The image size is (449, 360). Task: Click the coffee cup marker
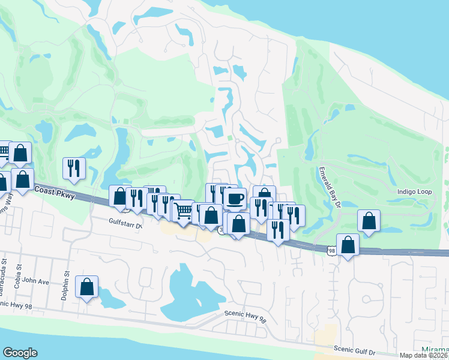pos(235,198)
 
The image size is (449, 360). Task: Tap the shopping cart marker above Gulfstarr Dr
pos(183,211)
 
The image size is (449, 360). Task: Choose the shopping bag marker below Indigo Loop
pos(369,220)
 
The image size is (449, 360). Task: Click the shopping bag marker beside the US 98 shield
pos(348,244)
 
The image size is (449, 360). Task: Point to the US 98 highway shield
pos(331,249)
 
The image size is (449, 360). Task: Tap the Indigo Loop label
pos(415,193)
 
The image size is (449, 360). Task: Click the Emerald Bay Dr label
pos(329,187)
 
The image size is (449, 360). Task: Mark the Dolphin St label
pos(67,280)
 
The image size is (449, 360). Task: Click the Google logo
pos(20,353)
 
